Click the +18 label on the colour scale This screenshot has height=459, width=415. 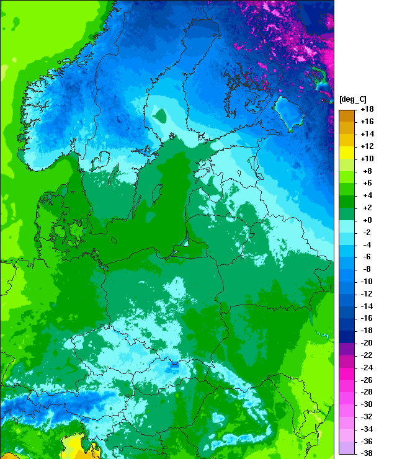pos(367,109)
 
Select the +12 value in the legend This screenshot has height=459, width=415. pos(367,146)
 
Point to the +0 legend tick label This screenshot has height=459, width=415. pos(367,220)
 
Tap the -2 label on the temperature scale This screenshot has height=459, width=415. pos(367,232)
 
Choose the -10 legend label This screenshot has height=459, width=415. pos(367,281)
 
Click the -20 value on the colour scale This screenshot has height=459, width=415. pos(367,342)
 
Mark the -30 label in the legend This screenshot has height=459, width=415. pos(367,404)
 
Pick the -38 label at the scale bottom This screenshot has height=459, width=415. pos(367,453)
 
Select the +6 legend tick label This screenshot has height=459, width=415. pos(367,183)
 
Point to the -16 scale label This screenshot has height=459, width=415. pos(367,318)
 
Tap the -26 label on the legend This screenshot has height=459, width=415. pos(367,380)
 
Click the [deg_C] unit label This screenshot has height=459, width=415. pos(352,99)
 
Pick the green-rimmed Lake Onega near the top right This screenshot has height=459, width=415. pos(320,77)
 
